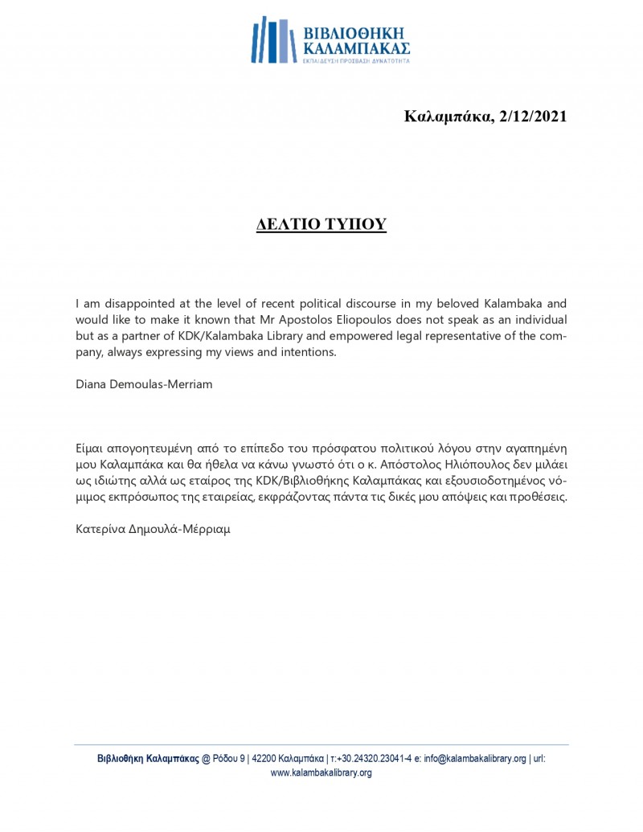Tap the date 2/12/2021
[x=533, y=117]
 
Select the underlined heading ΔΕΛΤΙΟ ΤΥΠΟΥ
[x=321, y=224]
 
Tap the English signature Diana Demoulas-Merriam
[x=144, y=384]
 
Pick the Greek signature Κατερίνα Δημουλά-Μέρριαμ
[x=153, y=530]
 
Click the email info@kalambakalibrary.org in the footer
[x=475, y=758]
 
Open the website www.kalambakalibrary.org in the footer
[x=321, y=773]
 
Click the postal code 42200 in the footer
[x=264, y=758]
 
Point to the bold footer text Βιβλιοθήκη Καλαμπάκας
[x=149, y=758]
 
